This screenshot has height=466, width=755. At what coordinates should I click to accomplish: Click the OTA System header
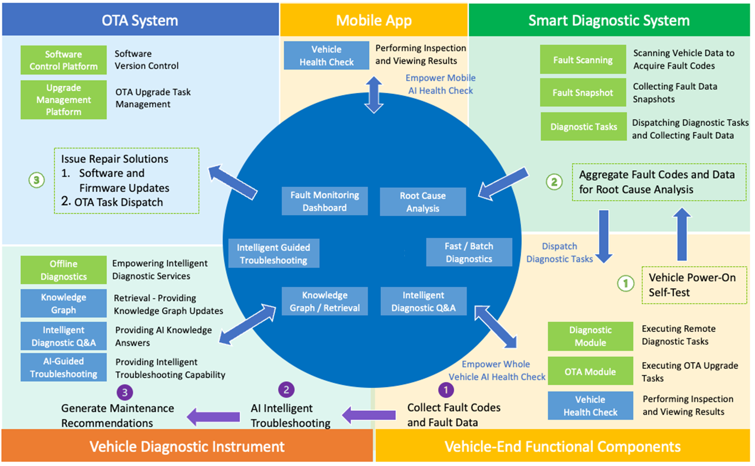tap(140, 20)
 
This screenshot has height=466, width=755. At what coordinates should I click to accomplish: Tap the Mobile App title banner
tap(374, 20)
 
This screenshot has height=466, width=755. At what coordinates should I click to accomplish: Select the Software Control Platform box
tap(63, 60)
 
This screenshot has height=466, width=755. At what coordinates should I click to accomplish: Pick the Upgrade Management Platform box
tap(63, 100)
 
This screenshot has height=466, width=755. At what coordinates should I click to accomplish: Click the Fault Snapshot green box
tap(583, 93)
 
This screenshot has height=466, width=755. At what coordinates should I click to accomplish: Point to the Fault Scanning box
tap(583, 60)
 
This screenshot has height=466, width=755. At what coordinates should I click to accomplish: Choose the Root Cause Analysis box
tap(423, 202)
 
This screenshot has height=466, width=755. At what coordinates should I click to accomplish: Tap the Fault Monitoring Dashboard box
tap(324, 201)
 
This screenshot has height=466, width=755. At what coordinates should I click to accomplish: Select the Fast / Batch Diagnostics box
tap(469, 252)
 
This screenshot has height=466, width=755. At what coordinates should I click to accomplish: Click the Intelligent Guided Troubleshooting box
tap(273, 254)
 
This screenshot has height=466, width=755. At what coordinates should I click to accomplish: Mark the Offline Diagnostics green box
tap(63, 270)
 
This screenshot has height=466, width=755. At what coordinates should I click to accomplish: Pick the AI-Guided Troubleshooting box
tap(63, 367)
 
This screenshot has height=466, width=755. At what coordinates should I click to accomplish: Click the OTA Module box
tap(590, 372)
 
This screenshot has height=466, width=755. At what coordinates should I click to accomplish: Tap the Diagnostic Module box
tap(590, 336)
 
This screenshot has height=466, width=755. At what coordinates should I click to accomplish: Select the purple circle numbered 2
tap(286, 389)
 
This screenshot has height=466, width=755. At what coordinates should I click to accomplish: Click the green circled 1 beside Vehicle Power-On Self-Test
tap(626, 284)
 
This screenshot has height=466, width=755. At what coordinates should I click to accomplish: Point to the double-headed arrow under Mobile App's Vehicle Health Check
tap(374, 95)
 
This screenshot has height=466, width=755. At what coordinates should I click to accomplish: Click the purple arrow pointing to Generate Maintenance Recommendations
tap(213, 416)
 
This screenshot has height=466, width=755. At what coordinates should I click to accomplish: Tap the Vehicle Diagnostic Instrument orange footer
tap(187, 447)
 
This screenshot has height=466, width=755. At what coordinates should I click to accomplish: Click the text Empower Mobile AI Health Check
tap(440, 84)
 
